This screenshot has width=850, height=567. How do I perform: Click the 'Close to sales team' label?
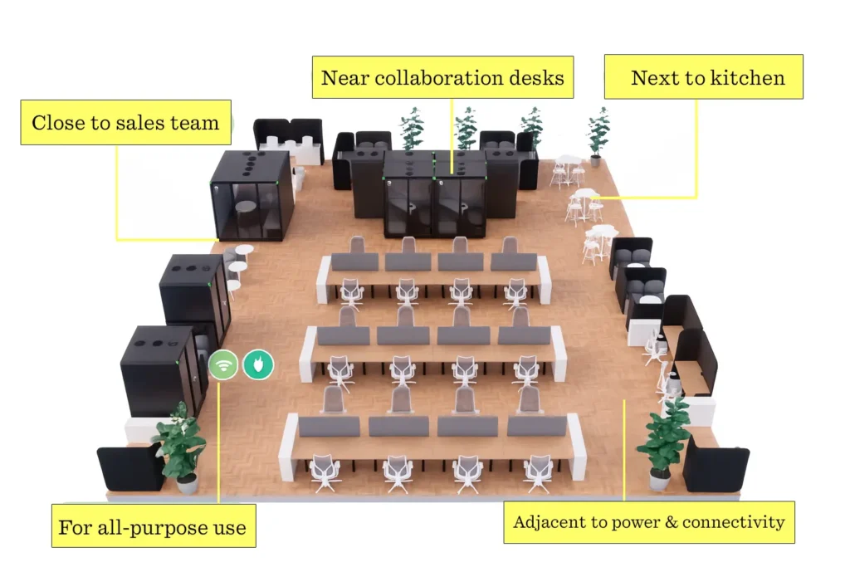(x=125, y=124)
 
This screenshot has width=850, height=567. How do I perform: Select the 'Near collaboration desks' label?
(x=442, y=78)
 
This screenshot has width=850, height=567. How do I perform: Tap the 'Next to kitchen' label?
(x=707, y=77)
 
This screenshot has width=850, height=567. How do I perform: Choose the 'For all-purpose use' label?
(x=152, y=527)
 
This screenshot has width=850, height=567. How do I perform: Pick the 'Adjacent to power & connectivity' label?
(x=648, y=522)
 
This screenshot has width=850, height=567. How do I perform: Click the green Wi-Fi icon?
(x=223, y=364)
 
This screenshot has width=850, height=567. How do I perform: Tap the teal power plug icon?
(x=257, y=364)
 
